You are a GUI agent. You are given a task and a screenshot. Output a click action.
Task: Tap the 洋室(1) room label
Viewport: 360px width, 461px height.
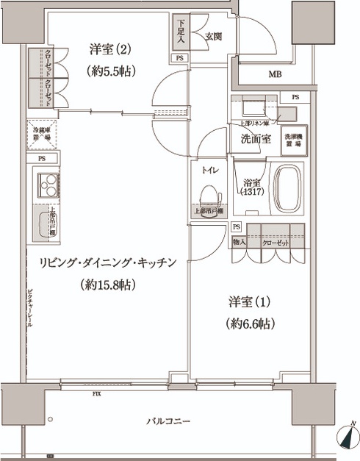coord(245,302)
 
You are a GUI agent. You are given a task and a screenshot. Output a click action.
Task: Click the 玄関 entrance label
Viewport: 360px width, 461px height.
coord(213,35)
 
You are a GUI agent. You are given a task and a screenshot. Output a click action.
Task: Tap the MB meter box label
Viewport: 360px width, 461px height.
coord(273,74)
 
